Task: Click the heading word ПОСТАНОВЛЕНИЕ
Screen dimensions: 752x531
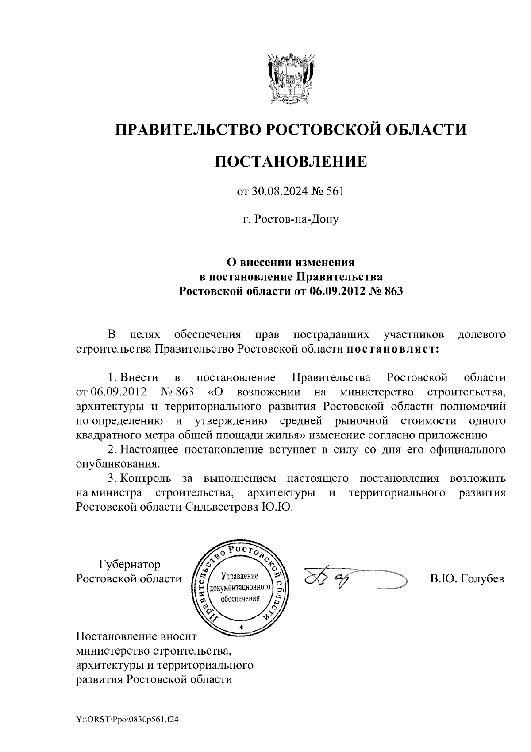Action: pos(291,161)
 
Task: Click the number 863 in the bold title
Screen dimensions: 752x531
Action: pos(393,291)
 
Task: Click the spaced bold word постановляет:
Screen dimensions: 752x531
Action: pos(392,349)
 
